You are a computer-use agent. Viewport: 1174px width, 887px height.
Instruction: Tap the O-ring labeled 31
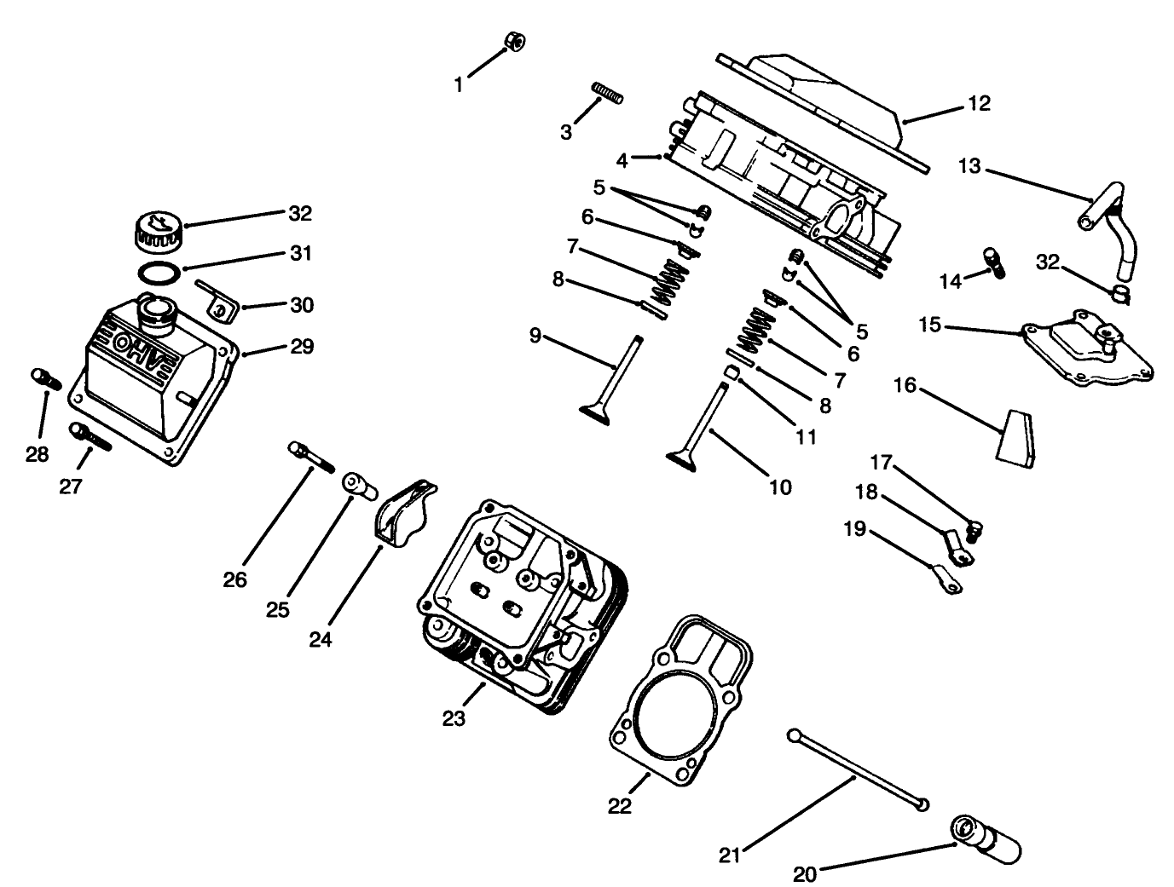159,273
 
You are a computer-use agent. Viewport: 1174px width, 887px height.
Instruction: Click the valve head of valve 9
599,412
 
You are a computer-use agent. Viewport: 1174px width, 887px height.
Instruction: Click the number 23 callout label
454,718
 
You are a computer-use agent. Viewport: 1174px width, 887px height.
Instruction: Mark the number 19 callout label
854,529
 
